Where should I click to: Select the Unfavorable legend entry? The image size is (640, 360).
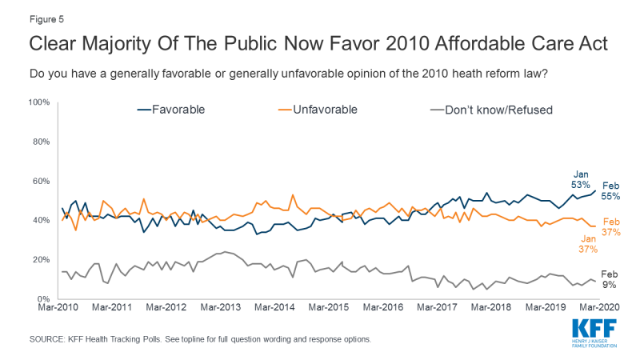click(x=324, y=110)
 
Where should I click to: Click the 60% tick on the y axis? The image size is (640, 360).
click(x=41, y=181)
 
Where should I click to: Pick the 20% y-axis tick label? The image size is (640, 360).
click(x=41, y=259)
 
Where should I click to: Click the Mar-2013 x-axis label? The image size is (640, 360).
click(x=222, y=307)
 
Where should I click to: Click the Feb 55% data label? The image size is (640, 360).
click(x=611, y=190)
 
